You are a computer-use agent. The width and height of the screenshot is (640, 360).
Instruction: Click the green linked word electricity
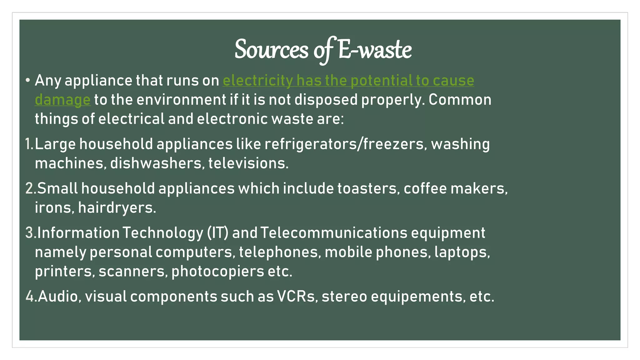pyautogui.click(x=257, y=81)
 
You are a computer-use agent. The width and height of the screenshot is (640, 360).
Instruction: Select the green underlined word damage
pyautogui.click(x=62, y=100)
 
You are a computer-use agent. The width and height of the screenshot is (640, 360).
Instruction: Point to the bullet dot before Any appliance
pyautogui.click(x=28, y=81)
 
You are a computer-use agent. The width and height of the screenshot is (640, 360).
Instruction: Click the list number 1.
pyautogui.click(x=28, y=144)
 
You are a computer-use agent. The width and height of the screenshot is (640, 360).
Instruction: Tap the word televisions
pyautogui.click(x=248, y=163)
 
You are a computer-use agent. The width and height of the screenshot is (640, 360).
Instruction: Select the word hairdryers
pyautogui.click(x=117, y=208)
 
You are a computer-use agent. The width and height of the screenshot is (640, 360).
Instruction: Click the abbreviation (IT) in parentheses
pyautogui.click(x=217, y=233)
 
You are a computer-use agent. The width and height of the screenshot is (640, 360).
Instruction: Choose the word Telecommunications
pyautogui.click(x=334, y=233)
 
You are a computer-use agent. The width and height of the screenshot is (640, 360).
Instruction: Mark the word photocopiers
pyautogui.click(x=217, y=271)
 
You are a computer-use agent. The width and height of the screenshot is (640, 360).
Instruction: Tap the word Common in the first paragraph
pyautogui.click(x=460, y=100)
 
